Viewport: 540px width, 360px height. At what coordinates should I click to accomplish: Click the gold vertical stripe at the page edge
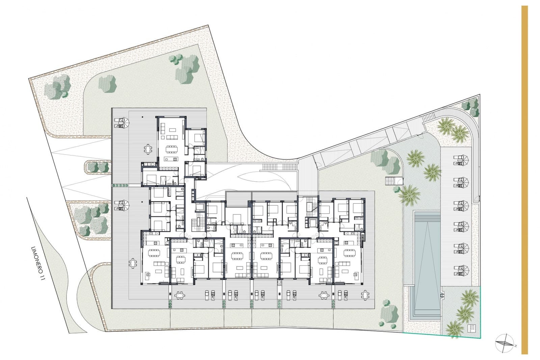[x=524, y=179]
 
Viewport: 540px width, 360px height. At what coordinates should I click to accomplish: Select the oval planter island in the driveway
[x=98, y=167]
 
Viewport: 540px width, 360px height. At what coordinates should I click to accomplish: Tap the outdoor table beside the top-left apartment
[x=148, y=149]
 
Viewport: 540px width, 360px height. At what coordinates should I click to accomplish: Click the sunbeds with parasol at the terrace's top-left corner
[x=122, y=122]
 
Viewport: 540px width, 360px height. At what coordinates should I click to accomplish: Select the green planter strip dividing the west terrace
[x=120, y=185]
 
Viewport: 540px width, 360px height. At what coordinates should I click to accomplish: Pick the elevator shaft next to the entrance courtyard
[x=199, y=207]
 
